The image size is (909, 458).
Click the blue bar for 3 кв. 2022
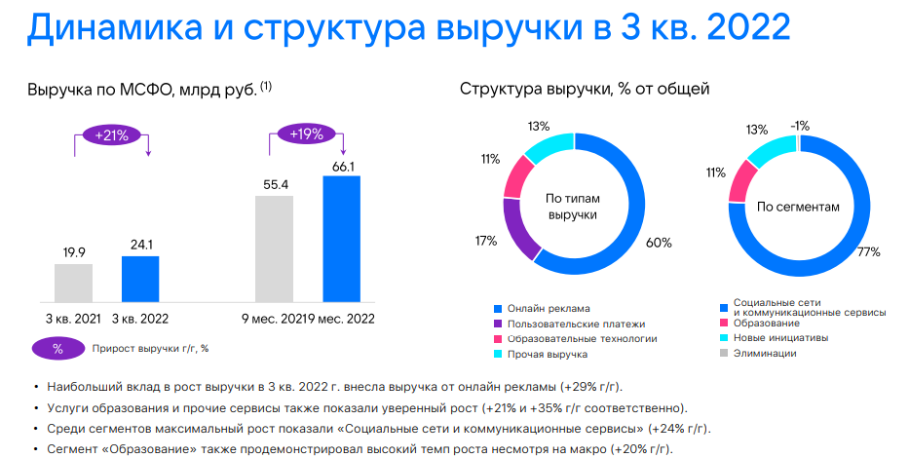140,279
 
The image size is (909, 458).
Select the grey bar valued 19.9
73,283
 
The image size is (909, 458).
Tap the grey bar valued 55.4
274,248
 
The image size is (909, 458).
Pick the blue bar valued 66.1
341,239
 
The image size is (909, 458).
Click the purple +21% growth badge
111,135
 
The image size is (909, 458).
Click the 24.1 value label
140,245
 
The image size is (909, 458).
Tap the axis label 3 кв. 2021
73,319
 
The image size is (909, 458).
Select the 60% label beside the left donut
658,243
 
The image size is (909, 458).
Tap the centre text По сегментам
797,207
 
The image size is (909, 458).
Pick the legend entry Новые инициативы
780,338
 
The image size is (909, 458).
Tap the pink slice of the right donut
743,180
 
